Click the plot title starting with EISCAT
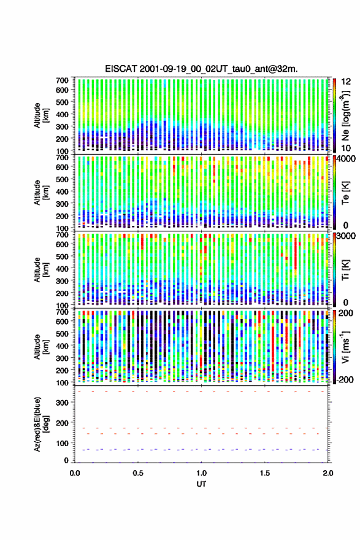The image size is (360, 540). coord(201,69)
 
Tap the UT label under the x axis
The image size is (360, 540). coord(201,484)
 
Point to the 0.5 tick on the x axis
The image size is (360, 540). coord(138,473)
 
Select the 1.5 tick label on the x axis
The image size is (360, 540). coord(265,473)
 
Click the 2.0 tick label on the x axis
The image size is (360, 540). coord(328,473)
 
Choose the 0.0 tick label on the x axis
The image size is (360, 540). coord(75,473)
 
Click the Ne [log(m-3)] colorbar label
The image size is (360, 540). coord(345,116)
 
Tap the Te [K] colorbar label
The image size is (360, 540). coord(345,193)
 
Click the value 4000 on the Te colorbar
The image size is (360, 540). coord(347,159)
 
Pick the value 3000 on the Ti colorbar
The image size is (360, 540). coord(347,236)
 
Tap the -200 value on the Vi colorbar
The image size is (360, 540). coord(345,379)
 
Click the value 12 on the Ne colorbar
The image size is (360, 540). coord(347,82)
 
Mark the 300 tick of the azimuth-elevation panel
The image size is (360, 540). coord(63,403)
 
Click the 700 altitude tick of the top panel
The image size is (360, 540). coord(63,80)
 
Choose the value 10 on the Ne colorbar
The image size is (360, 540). coord(347,148)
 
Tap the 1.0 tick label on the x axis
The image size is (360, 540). coord(201,473)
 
